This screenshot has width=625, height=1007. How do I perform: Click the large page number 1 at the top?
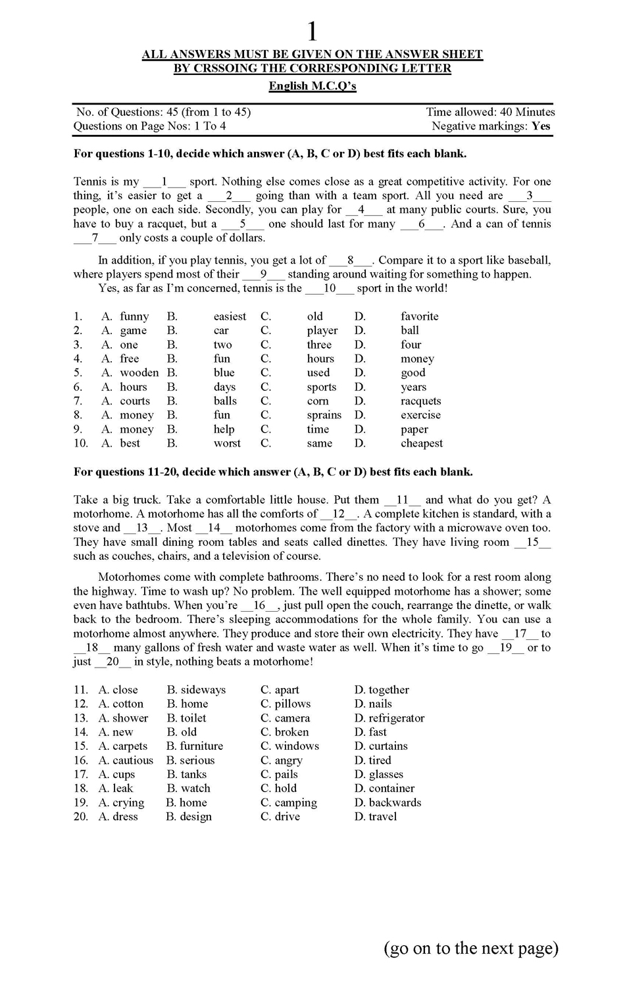[x=312, y=32]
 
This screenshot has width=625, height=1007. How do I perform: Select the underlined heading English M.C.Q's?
[x=312, y=86]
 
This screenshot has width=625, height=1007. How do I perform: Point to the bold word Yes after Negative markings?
[x=541, y=126]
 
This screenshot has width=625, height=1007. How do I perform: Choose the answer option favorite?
[x=419, y=316]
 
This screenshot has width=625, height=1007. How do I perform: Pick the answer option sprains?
[x=324, y=415]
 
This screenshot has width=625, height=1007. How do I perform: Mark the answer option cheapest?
[x=422, y=443]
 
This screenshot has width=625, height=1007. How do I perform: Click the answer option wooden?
[x=139, y=373]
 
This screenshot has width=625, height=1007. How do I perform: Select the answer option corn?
[x=317, y=401]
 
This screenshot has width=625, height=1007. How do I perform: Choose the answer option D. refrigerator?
[x=389, y=718]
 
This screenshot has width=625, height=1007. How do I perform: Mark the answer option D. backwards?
[x=387, y=802]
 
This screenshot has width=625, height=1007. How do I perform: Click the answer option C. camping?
[x=289, y=802]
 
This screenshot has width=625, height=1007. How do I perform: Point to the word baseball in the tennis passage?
[x=526, y=260]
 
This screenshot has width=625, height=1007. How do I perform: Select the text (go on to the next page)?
[x=471, y=948]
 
